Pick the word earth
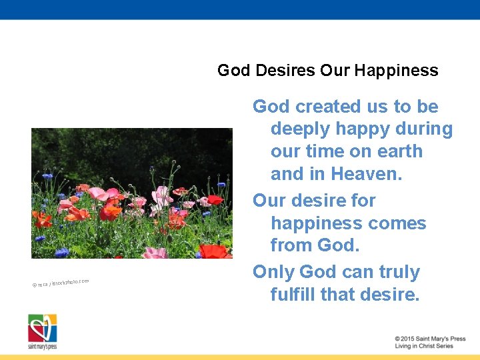point(397,151)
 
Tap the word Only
point(273,272)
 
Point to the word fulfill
point(292,295)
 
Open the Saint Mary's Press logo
point(42,331)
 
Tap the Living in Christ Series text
point(423,346)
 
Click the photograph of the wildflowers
point(131,193)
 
